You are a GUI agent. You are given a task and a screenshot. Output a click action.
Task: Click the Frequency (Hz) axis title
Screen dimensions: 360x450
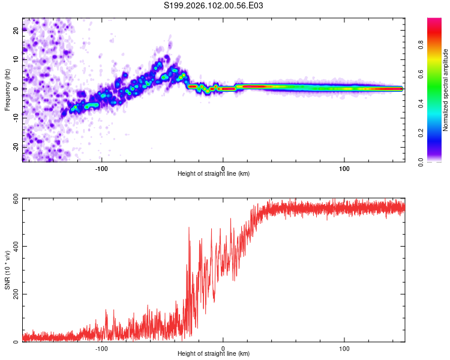(7, 89)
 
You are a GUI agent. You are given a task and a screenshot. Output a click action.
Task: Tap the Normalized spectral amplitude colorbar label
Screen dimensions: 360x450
(445, 89)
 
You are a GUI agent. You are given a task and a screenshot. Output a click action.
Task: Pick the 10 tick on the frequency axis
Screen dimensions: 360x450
(16, 59)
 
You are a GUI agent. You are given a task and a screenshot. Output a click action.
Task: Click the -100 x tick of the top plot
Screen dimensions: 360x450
(101, 168)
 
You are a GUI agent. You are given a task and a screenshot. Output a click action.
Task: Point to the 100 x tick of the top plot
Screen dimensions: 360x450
(344, 168)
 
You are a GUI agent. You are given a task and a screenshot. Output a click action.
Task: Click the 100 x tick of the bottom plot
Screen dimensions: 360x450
(344, 349)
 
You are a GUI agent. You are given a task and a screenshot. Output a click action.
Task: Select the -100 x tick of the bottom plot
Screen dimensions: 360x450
(101, 349)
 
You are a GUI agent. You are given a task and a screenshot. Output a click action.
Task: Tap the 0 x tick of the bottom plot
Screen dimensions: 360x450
(223, 349)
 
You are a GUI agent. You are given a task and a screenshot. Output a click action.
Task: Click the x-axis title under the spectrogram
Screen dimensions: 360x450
(214, 174)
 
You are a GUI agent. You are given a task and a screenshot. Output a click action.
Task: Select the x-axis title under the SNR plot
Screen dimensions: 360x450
(214, 355)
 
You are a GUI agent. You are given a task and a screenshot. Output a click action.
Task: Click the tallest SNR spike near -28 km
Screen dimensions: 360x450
(189, 228)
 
